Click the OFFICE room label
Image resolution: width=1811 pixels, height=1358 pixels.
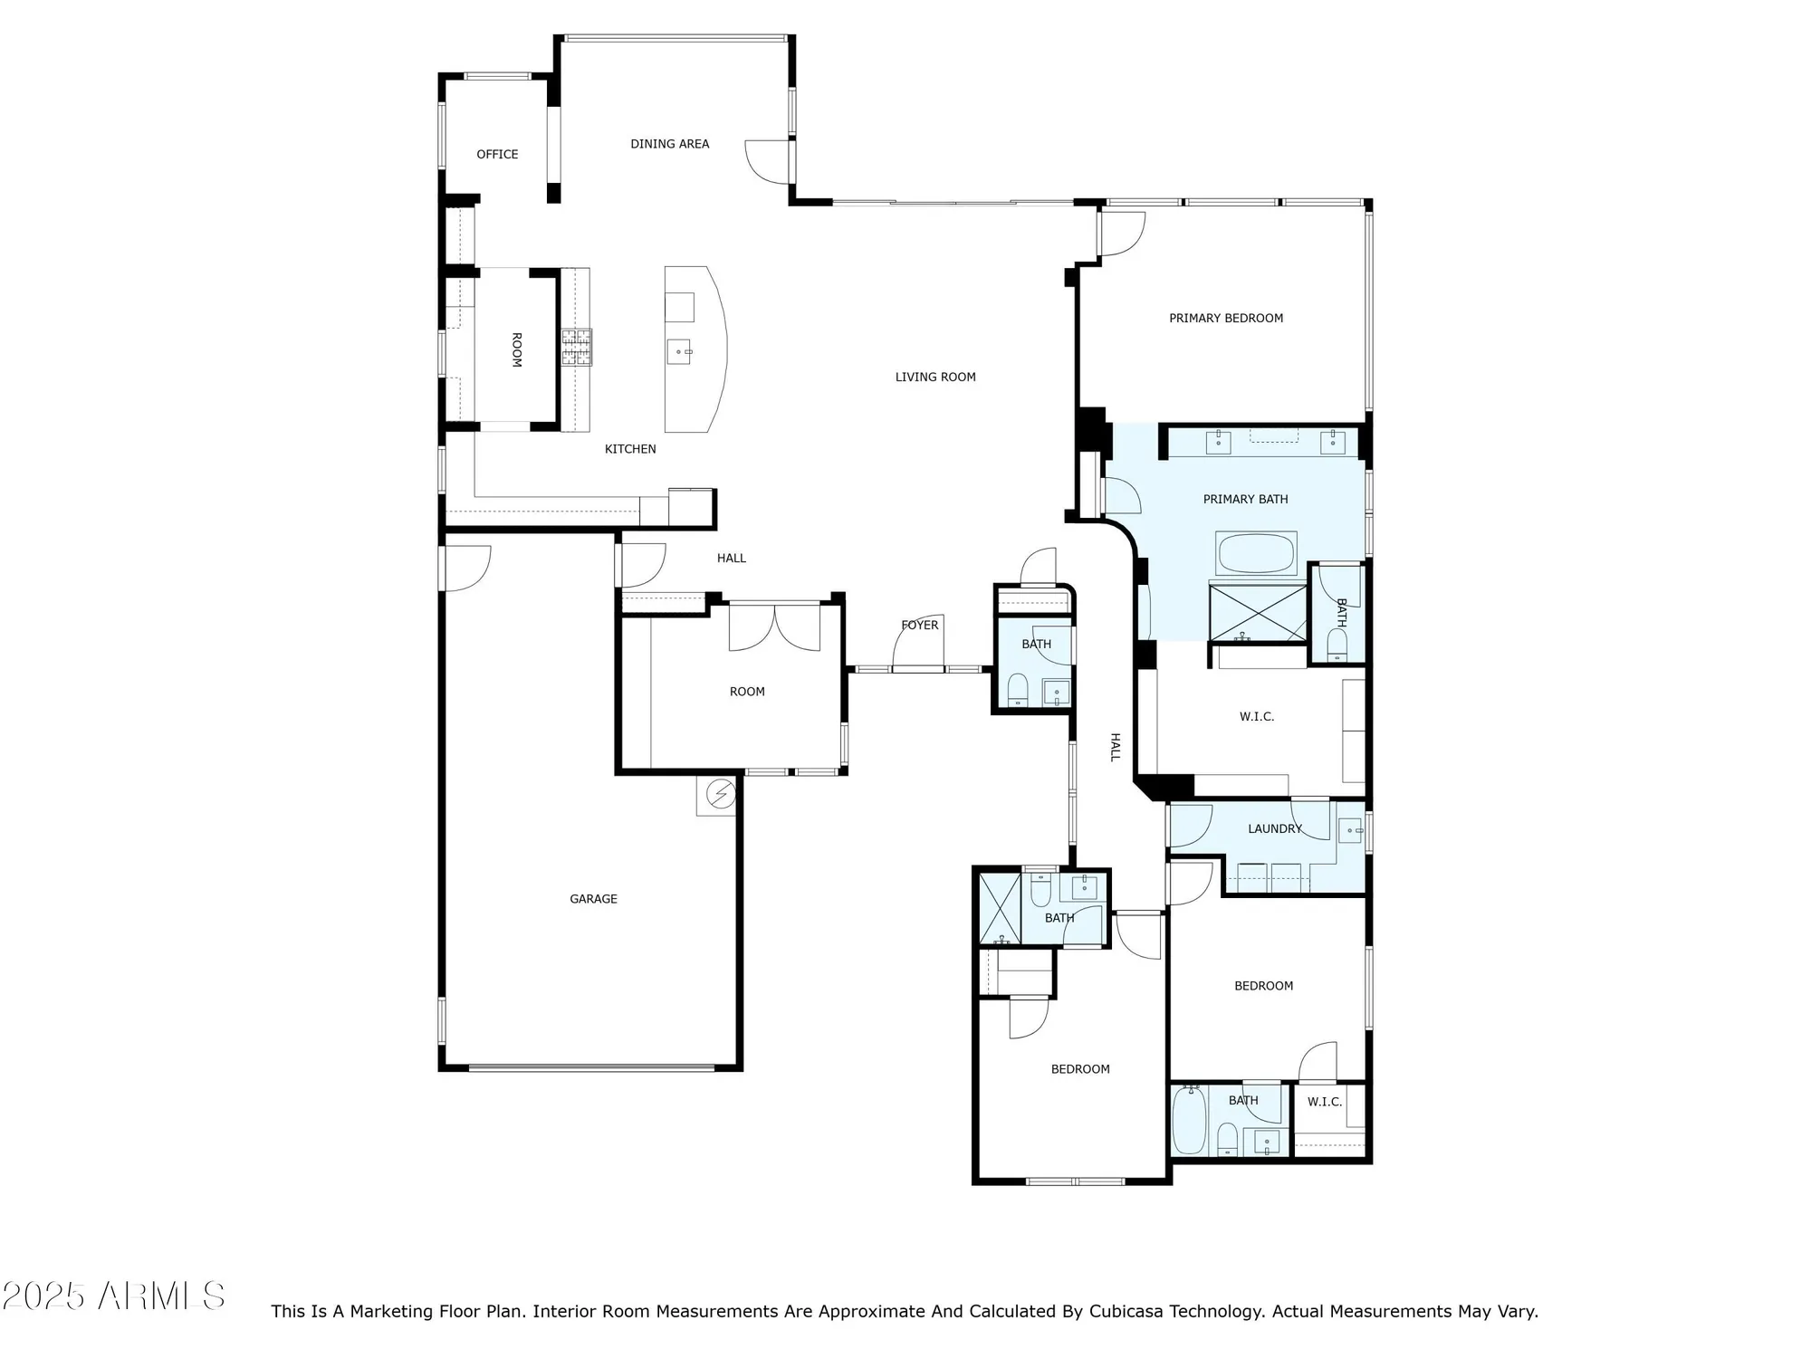[497, 155]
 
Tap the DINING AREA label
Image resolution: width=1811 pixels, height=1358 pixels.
[669, 144]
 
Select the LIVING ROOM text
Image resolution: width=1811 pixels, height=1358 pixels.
[934, 378]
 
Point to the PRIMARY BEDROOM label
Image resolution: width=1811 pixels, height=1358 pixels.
[1225, 319]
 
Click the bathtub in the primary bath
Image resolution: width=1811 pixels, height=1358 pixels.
[1256, 554]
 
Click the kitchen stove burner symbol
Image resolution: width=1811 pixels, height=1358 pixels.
[576, 347]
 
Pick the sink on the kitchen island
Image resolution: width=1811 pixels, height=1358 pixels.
[679, 351]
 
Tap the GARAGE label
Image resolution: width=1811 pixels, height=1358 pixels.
[593, 899]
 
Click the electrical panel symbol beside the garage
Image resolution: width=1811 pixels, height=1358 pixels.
[721, 795]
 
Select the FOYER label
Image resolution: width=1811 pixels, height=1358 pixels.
[919, 626]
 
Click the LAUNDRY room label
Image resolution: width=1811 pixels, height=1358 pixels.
[1274, 829]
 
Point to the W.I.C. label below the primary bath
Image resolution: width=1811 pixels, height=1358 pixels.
[1256, 717]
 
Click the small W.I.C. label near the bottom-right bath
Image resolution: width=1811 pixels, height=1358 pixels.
[1324, 1103]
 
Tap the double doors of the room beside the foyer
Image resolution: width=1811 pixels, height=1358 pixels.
[774, 628]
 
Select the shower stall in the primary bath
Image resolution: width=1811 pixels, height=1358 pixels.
[1258, 614]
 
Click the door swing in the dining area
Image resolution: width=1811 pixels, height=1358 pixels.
[767, 162]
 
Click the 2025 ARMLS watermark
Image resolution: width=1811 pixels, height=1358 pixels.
[113, 1296]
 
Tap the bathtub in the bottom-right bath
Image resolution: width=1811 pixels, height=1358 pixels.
[1189, 1121]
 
